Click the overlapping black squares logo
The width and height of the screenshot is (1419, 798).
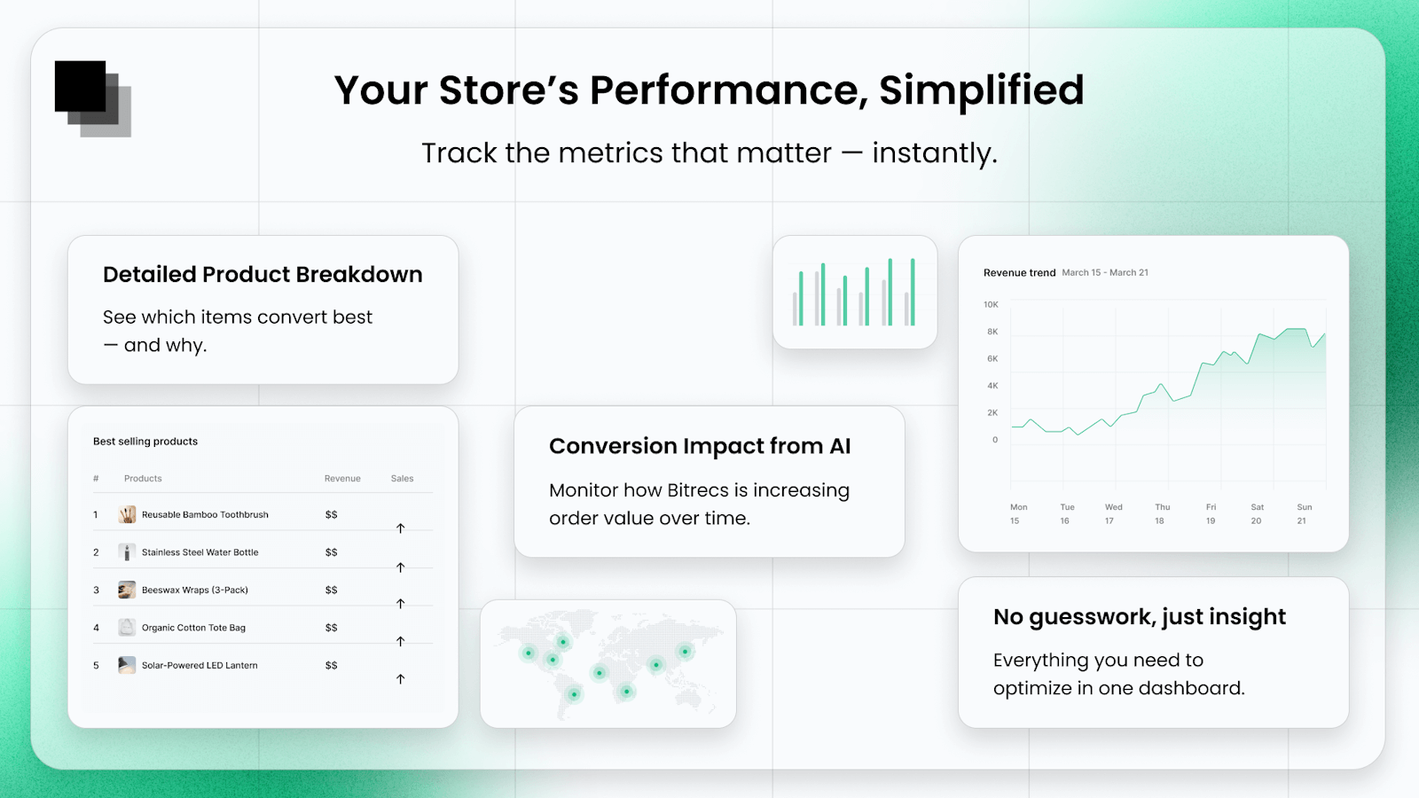[91, 98]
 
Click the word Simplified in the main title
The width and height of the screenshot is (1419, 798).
[981, 90]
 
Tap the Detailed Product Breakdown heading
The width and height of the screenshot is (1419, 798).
[263, 275]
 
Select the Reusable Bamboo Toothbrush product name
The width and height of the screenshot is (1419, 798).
[205, 515]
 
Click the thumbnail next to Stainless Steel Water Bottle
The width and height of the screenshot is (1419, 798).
[127, 552]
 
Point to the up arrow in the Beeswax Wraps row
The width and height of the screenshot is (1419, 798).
[400, 604]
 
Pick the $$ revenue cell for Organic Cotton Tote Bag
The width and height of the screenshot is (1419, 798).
[331, 628]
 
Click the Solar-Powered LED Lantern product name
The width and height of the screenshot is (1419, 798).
[200, 666]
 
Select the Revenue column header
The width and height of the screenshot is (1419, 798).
[342, 479]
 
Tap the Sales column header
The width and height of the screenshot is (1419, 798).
[402, 479]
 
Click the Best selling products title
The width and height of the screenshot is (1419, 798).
[145, 442]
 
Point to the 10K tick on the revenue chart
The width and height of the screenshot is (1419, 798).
[991, 305]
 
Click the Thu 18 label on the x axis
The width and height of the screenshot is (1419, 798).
[1162, 514]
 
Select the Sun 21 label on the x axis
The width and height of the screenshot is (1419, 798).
[1304, 514]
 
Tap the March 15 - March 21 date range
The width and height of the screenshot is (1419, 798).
[1105, 273]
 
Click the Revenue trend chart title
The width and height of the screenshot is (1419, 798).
[1019, 273]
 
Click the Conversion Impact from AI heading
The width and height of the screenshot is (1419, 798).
[700, 446]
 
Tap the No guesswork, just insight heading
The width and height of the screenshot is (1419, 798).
[1140, 617]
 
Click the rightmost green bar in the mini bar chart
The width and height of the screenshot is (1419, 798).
[913, 293]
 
